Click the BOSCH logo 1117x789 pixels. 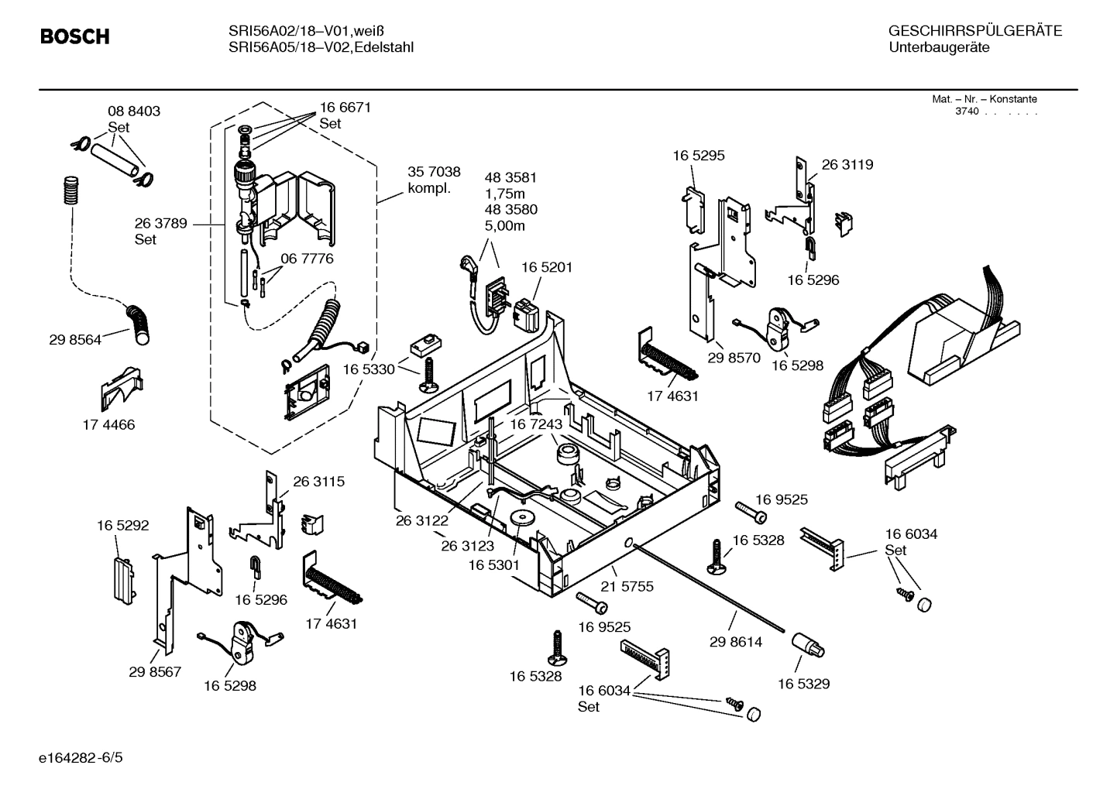(x=74, y=37)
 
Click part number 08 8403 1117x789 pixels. (x=133, y=111)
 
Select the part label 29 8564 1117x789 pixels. (x=75, y=339)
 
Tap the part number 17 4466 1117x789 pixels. (x=108, y=424)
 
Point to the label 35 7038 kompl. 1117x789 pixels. (x=434, y=180)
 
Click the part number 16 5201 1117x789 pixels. (x=546, y=267)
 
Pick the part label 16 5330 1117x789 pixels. (x=368, y=369)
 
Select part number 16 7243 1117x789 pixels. (x=535, y=424)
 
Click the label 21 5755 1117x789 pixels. (x=627, y=586)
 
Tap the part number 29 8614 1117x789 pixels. (x=735, y=642)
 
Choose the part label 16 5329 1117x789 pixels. (x=803, y=684)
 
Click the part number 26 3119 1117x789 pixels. (x=847, y=164)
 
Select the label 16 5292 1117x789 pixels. (x=122, y=525)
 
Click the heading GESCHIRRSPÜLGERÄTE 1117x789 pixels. (x=974, y=31)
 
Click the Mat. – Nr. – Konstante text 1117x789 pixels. (x=984, y=99)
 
